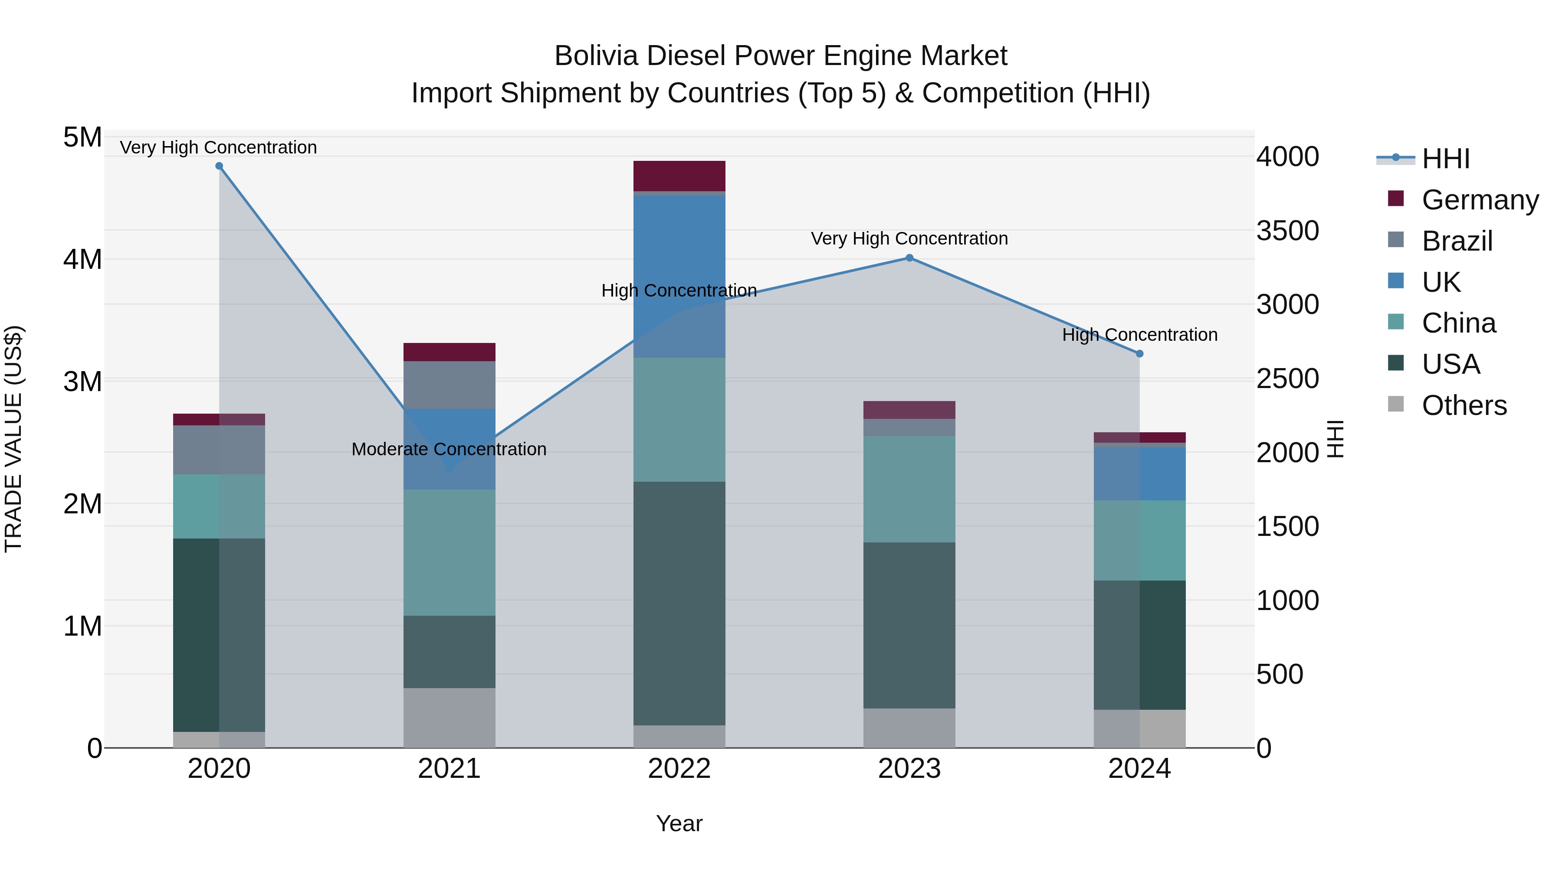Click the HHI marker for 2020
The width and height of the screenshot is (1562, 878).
tap(220, 166)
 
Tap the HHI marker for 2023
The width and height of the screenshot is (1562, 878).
tap(909, 258)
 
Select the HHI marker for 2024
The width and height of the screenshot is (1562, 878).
tap(1139, 354)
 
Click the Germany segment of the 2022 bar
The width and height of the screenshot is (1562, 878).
tap(679, 176)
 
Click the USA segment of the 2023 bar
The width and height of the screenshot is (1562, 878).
tap(909, 625)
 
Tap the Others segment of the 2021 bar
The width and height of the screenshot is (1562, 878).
tap(450, 718)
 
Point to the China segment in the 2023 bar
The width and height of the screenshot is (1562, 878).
tap(909, 489)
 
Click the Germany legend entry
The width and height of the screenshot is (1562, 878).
tap(1480, 200)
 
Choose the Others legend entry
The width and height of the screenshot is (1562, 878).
tap(1464, 405)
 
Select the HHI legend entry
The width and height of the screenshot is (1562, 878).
tap(1446, 159)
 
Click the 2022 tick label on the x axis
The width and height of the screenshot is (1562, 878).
tap(679, 769)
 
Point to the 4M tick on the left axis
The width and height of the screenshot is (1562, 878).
tap(83, 259)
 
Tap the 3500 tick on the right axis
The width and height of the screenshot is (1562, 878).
tap(1287, 231)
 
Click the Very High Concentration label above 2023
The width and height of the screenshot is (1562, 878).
tap(909, 239)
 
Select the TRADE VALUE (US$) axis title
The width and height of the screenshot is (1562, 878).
tap(13, 439)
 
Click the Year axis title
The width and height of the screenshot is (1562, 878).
tap(679, 823)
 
